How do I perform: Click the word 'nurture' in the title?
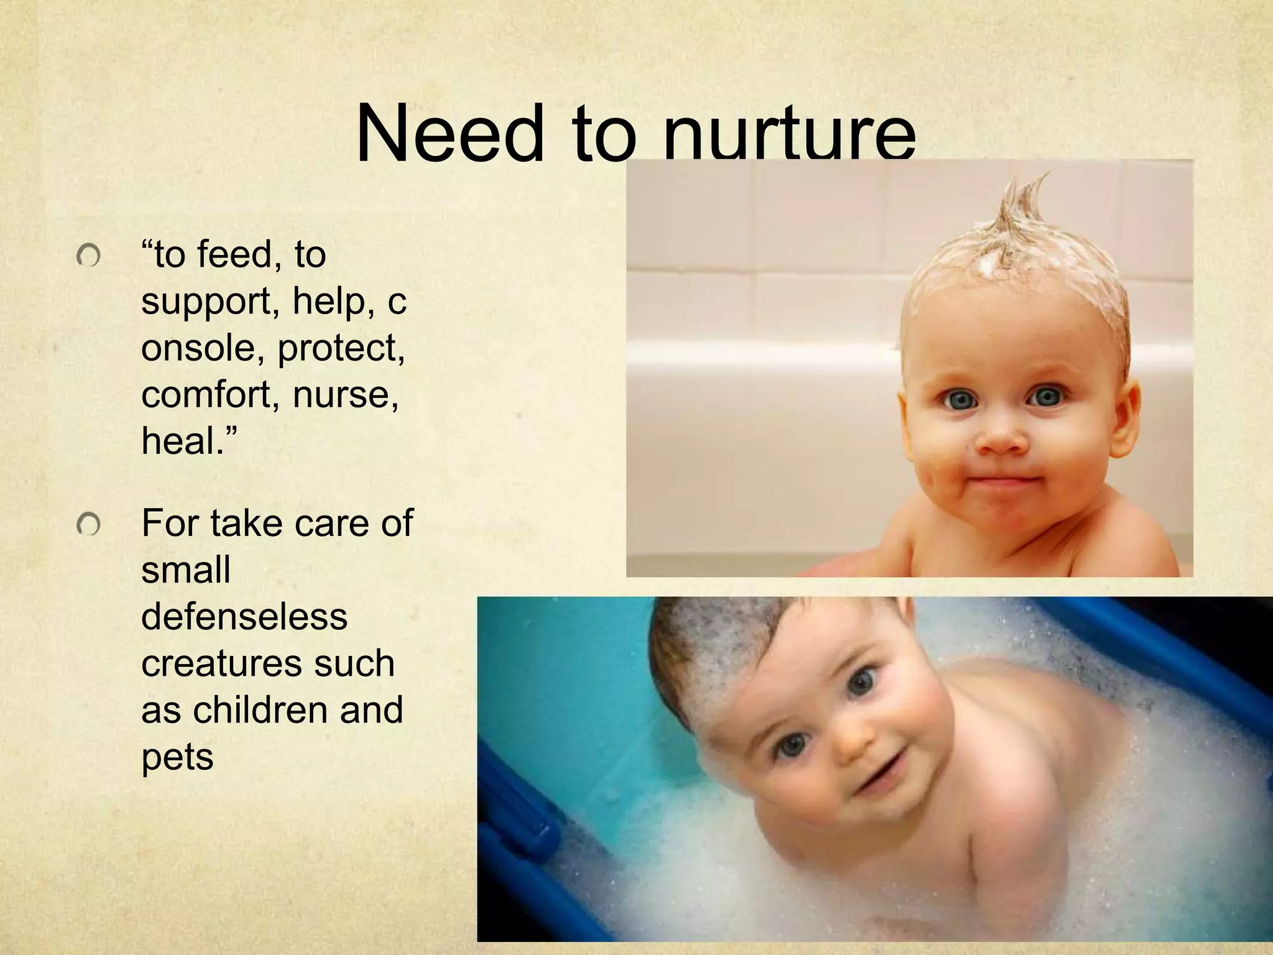tap(789, 134)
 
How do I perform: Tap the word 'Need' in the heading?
tap(450, 134)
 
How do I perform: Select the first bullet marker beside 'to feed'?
tap(89, 256)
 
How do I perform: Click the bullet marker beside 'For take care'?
tap(89, 525)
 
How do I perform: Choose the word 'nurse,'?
tap(346, 394)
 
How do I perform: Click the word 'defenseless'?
tap(244, 617)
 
